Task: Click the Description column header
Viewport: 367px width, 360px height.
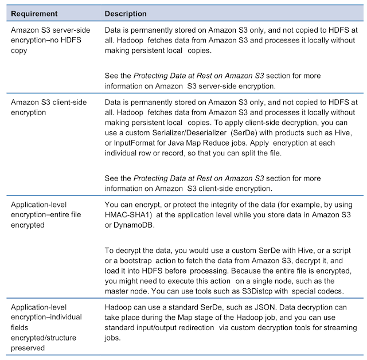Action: (126, 13)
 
